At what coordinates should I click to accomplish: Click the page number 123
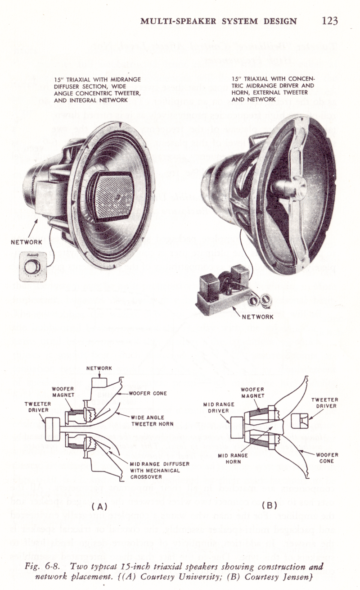point(329,21)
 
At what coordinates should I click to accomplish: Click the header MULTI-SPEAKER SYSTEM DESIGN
point(219,21)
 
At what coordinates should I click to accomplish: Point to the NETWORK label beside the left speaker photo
point(26,242)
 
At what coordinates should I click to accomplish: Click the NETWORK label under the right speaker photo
point(257,317)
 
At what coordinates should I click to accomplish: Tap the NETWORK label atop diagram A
point(99,368)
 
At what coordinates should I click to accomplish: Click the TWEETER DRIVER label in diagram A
point(37,407)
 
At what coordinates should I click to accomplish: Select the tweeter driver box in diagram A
point(53,426)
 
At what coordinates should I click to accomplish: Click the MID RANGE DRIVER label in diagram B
point(219,408)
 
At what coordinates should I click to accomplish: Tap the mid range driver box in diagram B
point(237,427)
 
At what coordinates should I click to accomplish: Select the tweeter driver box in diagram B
point(299,422)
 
